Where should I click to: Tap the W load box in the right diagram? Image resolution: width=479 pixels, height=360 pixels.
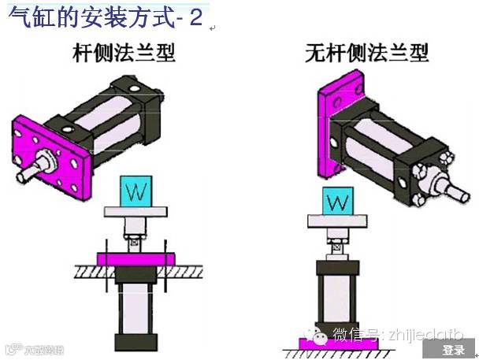click(x=337, y=203)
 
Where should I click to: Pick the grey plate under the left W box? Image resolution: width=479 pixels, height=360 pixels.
click(x=136, y=212)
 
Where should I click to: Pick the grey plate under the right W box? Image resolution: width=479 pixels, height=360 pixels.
click(x=337, y=225)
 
